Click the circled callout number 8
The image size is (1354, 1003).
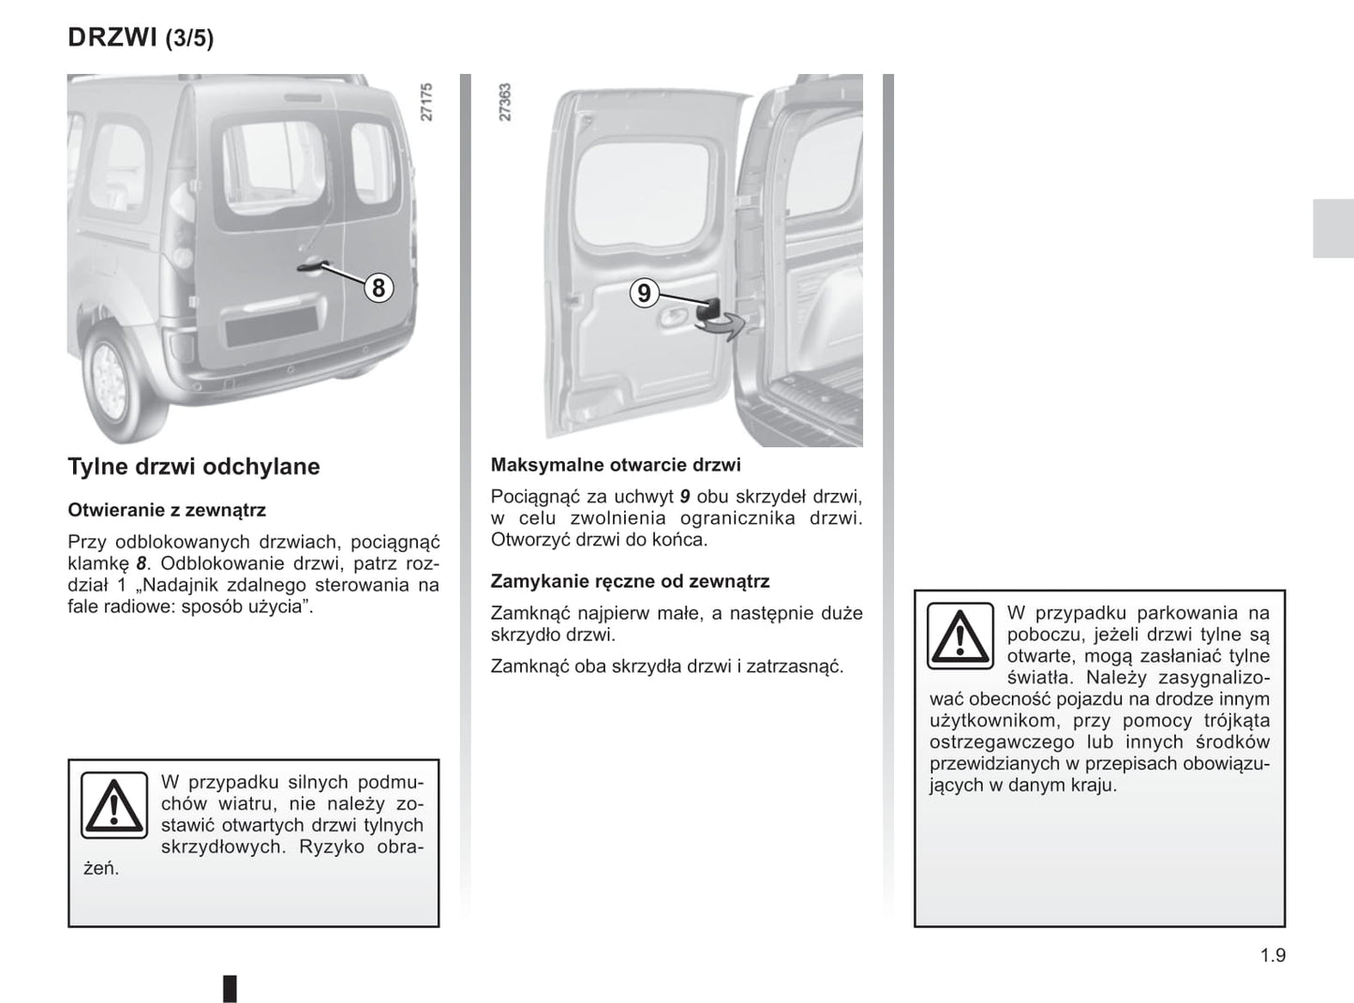coord(378,287)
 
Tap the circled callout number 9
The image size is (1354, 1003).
coord(644,293)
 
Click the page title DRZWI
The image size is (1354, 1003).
coord(112,37)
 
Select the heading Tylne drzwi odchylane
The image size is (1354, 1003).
coord(194,466)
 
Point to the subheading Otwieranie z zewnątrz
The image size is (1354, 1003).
coord(167,510)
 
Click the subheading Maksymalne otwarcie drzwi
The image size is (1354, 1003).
coord(616,465)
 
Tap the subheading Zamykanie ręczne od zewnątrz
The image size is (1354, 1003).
coord(630,581)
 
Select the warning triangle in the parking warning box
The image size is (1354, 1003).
coord(960,636)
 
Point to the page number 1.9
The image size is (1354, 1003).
coord(1272,955)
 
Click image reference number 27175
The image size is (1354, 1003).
coord(427,102)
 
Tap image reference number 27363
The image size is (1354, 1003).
coord(505,102)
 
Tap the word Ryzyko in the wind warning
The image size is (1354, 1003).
coord(326,846)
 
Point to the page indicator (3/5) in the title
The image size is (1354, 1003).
coord(189,38)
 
